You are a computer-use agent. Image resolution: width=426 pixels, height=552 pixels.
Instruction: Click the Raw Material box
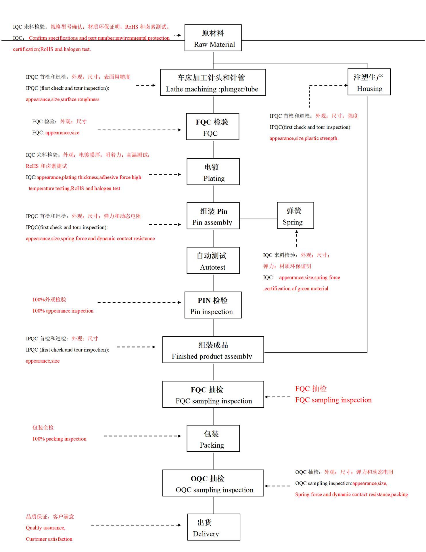[213, 38]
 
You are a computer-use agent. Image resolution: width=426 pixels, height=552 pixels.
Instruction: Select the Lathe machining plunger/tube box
[213, 83]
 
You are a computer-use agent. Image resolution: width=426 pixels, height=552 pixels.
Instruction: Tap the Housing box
[369, 82]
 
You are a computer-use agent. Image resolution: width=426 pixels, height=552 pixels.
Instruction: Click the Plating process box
[213, 172]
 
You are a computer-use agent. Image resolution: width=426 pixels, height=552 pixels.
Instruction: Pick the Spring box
[295, 216]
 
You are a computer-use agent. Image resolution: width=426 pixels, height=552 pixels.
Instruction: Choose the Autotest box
[213, 260]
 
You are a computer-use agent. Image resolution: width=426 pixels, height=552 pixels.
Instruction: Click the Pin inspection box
[213, 305]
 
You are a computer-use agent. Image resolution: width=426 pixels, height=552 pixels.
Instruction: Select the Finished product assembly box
[213, 350]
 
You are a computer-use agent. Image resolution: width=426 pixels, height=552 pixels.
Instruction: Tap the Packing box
[213, 438]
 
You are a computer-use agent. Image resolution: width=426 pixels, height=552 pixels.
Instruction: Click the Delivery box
[213, 527]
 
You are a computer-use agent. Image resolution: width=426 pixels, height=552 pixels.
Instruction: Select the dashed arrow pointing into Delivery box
[136, 525]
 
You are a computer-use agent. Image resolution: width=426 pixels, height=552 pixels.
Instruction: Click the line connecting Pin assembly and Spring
[258, 219]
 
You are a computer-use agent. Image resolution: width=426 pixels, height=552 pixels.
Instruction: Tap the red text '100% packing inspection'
[59, 439]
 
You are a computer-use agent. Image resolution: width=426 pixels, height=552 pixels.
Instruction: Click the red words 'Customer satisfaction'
[49, 539]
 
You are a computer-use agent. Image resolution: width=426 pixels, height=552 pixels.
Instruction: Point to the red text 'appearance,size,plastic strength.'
[304, 138]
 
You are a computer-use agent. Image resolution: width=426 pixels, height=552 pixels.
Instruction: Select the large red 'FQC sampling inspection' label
[333, 400]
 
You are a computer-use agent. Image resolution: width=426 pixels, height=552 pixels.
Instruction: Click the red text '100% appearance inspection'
[63, 311]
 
